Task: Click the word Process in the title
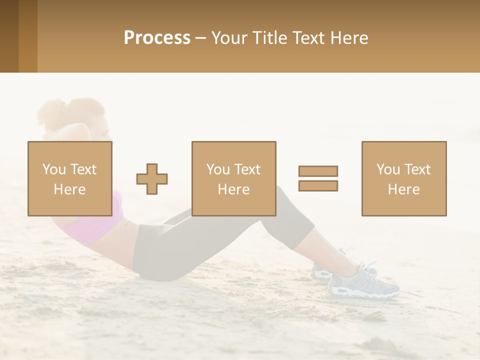[x=157, y=38]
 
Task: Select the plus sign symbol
[x=152, y=179]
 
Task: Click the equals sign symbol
[x=318, y=178]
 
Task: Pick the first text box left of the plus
[x=69, y=178]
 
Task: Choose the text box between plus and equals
[x=233, y=178]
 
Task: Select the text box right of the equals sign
[x=403, y=178]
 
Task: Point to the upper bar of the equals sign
[x=318, y=171]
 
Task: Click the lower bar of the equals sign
[x=318, y=185]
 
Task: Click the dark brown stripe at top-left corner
[x=9, y=36]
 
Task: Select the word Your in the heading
[x=227, y=38]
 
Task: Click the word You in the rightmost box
[x=388, y=169]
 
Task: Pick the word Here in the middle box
[x=233, y=189]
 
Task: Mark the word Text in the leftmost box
[x=83, y=169]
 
